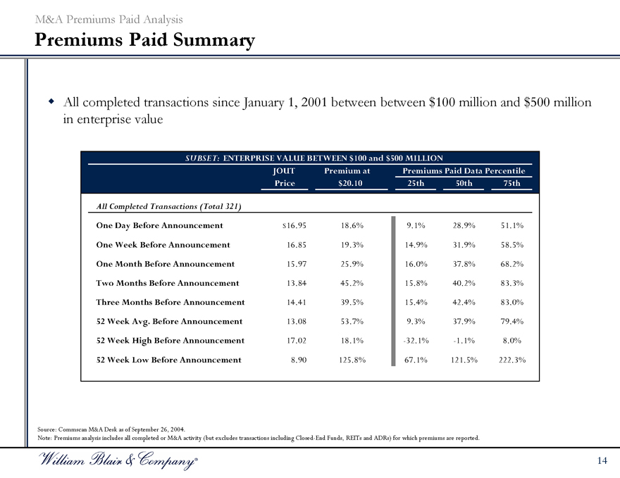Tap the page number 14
coord(601,460)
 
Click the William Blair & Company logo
coord(113,461)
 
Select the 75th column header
coord(512,184)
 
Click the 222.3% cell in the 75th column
coord(512,360)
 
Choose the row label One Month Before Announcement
coord(165,264)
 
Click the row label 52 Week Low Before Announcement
coord(168,360)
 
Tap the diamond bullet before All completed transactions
coord(51,103)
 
